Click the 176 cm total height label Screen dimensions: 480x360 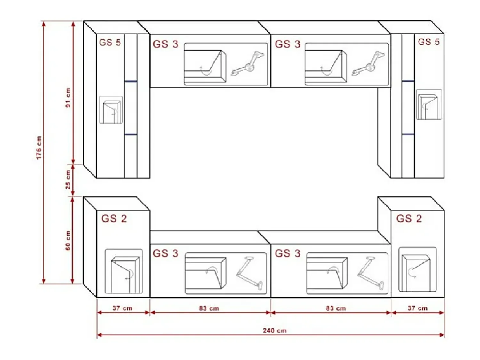(39, 148)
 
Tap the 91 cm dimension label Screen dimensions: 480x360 (68, 98)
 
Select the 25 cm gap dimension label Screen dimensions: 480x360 (68, 180)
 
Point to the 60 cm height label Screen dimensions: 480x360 (68, 240)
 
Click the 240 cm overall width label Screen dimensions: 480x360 (275, 331)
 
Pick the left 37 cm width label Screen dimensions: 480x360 (123, 308)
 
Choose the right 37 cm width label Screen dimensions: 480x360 (418, 308)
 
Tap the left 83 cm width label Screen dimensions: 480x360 (209, 308)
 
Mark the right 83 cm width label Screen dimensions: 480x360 (336, 308)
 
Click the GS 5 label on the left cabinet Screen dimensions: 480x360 (110, 43)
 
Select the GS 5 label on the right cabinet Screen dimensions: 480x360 (428, 42)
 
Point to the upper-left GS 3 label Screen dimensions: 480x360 (165, 44)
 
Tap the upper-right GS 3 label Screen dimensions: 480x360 (288, 44)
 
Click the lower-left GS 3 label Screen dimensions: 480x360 (165, 253)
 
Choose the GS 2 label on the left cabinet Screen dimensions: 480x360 (114, 219)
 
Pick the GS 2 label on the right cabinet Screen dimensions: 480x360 (409, 219)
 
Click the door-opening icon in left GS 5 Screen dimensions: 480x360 (111, 110)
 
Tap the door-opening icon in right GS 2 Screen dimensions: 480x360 (418, 269)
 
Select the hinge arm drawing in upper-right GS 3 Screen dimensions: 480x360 (368, 63)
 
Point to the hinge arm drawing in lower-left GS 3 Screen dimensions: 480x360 (249, 273)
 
